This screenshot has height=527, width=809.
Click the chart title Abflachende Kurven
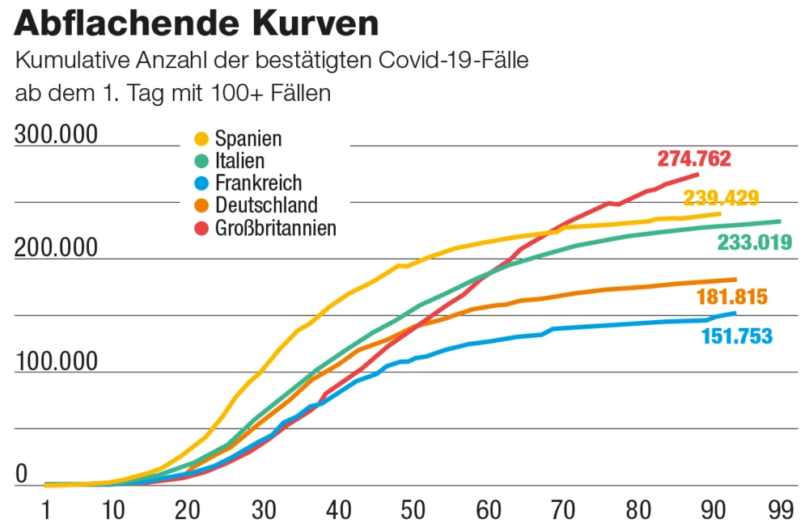pos(197,24)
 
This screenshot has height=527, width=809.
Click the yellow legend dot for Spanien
pos(202,139)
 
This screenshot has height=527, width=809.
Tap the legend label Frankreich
pos(258,183)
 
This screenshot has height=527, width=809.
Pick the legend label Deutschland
pos(266,205)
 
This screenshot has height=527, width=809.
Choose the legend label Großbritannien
pos(275,228)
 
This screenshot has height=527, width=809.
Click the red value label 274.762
pos(694,158)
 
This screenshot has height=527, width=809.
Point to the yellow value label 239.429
pos(721,198)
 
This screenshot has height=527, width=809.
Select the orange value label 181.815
pos(731,297)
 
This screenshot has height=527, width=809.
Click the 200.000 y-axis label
pos(56,248)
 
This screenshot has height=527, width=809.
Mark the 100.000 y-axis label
pos(56,361)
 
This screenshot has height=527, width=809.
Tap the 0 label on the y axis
pos(22,474)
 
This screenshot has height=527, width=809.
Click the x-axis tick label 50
pos(413,510)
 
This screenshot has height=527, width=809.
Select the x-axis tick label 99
pos(780,510)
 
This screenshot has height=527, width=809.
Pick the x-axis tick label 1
pos(48,510)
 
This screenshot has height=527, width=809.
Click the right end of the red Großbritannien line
pos(697,174)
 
